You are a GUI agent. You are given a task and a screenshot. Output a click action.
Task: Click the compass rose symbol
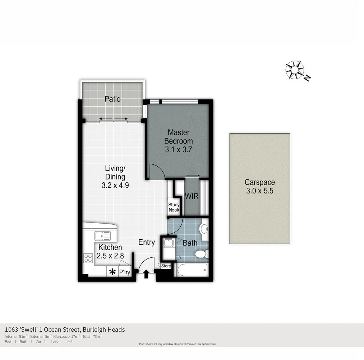[295, 70]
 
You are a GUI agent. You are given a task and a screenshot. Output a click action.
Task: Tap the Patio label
[112, 99]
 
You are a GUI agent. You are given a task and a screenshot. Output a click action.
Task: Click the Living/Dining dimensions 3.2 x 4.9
[115, 186]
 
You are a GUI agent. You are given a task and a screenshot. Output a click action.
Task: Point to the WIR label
[192, 197]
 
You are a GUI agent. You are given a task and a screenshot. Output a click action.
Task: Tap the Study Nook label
[174, 207]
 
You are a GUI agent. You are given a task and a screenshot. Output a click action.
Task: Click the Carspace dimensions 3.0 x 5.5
[260, 191]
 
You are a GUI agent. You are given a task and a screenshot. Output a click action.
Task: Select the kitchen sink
[103, 236]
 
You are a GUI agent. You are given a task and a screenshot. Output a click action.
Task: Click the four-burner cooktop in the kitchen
[88, 258]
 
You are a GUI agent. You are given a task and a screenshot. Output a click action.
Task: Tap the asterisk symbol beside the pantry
[112, 272]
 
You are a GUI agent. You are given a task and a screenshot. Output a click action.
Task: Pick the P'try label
[124, 272]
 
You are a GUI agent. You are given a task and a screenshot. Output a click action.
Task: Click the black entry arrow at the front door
[146, 275]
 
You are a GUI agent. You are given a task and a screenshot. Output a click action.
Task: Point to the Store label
[166, 266]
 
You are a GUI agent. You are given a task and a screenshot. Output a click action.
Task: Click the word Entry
[147, 242]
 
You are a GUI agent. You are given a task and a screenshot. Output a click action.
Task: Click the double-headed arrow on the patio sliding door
[114, 119]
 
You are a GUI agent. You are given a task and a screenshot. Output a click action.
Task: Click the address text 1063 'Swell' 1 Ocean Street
[65, 329]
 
